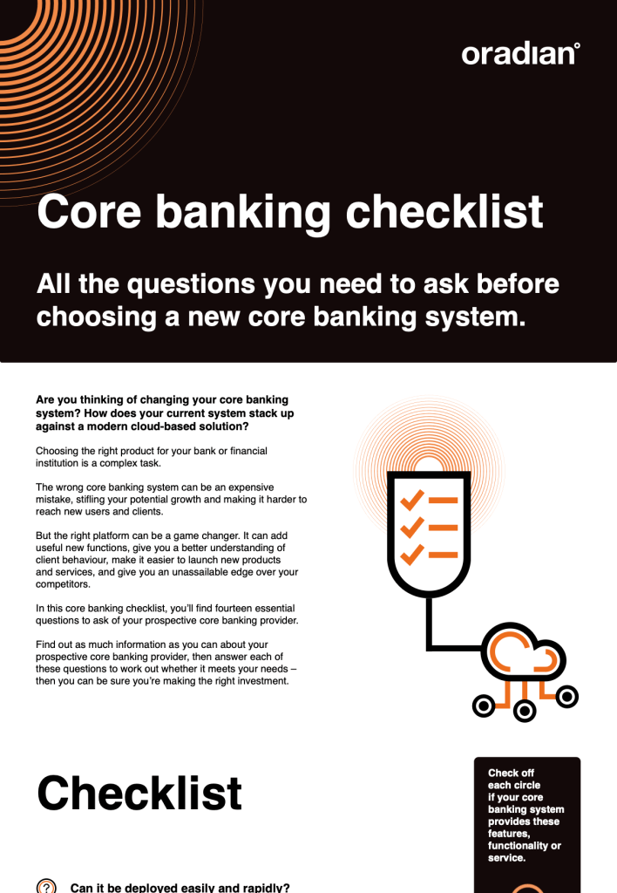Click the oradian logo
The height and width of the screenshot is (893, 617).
pos(520,53)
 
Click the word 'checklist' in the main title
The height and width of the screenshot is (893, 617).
pos(444,211)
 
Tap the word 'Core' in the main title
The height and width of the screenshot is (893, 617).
pos(89,211)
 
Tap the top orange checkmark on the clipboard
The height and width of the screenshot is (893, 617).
pos(412,500)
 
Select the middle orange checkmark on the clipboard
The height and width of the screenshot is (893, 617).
pos(412,528)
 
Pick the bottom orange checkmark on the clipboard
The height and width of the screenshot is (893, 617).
pos(412,554)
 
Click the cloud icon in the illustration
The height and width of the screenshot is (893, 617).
pos(524,652)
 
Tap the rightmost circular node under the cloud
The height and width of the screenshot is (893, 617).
pos(567,697)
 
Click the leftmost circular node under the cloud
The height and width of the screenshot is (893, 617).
pos(484,706)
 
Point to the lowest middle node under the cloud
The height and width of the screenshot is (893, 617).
pos(525,711)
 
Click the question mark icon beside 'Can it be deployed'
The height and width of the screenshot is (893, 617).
pos(46,887)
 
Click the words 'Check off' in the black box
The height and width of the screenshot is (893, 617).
pos(511,773)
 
